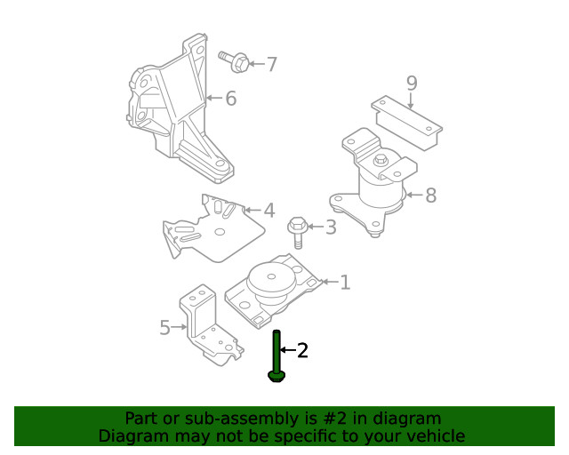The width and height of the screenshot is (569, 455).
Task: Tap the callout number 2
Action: [302, 351]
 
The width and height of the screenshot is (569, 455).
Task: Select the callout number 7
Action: [272, 64]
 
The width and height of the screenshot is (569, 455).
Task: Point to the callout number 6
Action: [230, 98]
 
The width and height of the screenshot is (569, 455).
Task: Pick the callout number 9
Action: [412, 84]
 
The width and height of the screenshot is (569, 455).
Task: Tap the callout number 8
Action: [430, 196]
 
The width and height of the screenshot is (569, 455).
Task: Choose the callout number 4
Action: [268, 212]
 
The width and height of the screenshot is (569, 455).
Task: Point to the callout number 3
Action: [331, 227]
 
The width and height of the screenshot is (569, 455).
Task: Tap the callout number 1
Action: [345, 283]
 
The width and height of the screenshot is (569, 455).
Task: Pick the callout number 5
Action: [164, 328]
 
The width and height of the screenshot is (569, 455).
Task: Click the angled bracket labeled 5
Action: [209, 329]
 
